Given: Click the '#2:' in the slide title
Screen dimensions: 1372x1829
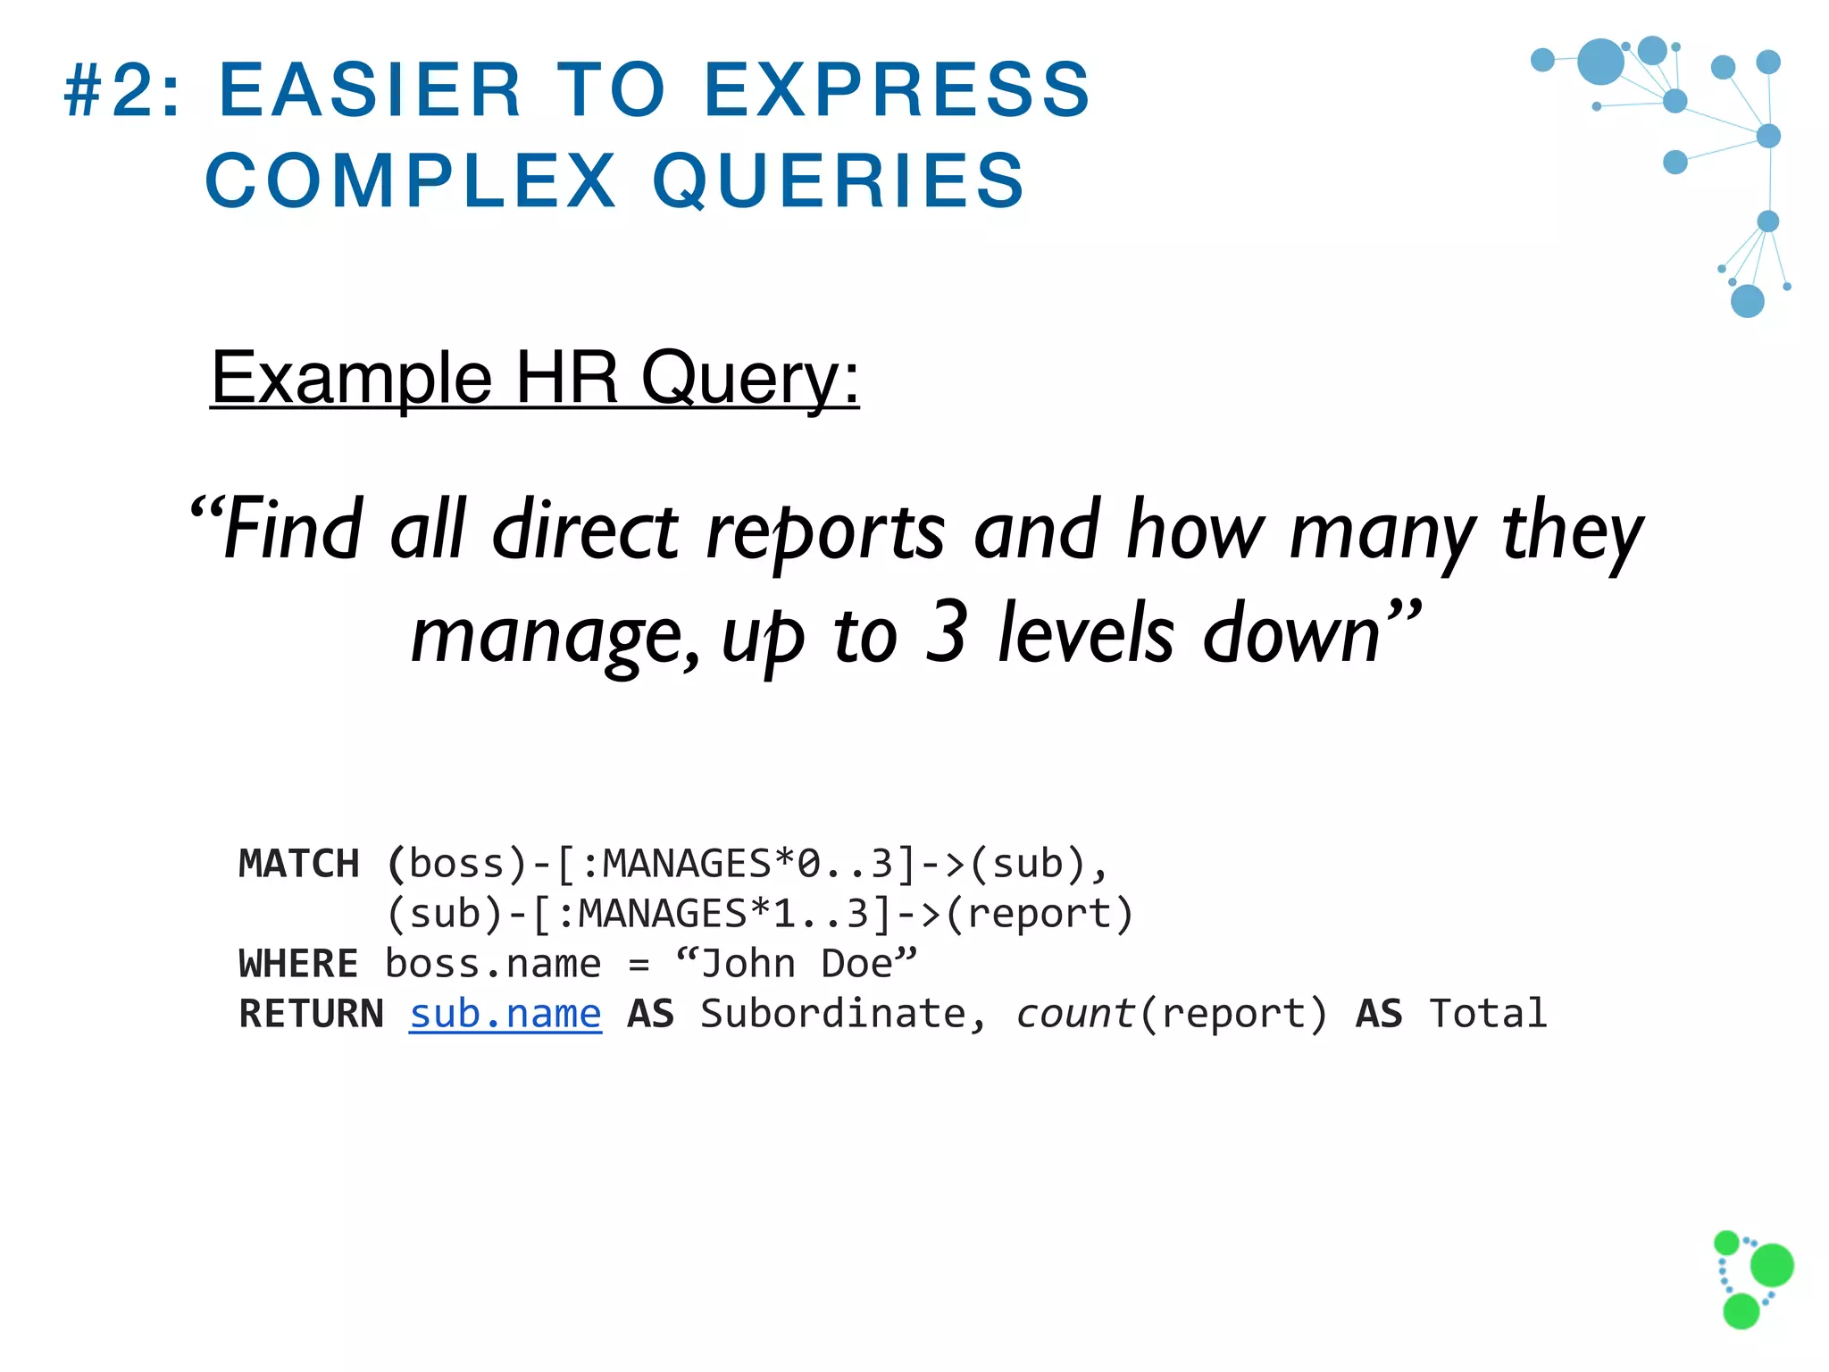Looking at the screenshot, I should tap(122, 90).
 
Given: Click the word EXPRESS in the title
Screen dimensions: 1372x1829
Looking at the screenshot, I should tap(897, 90).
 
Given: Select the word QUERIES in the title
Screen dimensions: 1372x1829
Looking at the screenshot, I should tap(839, 181).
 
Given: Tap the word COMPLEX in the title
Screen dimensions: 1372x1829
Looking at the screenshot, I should tap(411, 181).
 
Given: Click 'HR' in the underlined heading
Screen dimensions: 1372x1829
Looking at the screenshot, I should tap(566, 378).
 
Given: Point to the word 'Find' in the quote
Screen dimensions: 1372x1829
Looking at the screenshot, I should tap(292, 531).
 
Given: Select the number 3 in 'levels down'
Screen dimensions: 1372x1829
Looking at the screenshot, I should tap(946, 632).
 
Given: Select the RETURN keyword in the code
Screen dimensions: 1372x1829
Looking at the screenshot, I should tap(311, 1014).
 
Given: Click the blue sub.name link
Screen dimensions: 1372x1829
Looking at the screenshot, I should tap(505, 1014).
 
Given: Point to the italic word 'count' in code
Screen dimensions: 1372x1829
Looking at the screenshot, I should tap(1075, 1014).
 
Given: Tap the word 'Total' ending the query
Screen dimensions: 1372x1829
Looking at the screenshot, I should tap(1488, 1014).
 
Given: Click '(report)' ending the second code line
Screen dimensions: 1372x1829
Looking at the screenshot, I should tap(1040, 914).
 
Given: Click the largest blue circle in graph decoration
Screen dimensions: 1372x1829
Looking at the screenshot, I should tap(1600, 62).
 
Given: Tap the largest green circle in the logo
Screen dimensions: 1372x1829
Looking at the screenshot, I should tap(1772, 1265).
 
